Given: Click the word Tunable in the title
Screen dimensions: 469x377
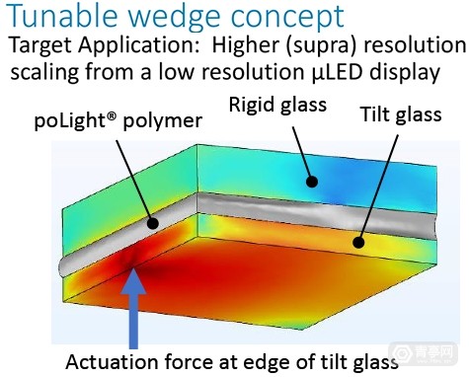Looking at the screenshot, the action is pyautogui.click(x=62, y=16).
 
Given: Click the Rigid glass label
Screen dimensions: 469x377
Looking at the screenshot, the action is pyautogui.click(x=277, y=106).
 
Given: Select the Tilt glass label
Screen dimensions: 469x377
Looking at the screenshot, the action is pyautogui.click(x=401, y=114).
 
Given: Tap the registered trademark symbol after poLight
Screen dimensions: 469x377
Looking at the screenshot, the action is pyautogui.click(x=113, y=116).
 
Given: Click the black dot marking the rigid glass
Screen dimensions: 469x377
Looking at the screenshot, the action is pyautogui.click(x=311, y=182).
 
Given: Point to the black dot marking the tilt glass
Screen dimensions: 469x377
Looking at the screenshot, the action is pyautogui.click(x=358, y=243).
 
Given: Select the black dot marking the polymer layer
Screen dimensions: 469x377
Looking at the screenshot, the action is pyautogui.click(x=152, y=223).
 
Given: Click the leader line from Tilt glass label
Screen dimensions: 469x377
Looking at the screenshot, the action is pyautogui.click(x=378, y=188).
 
